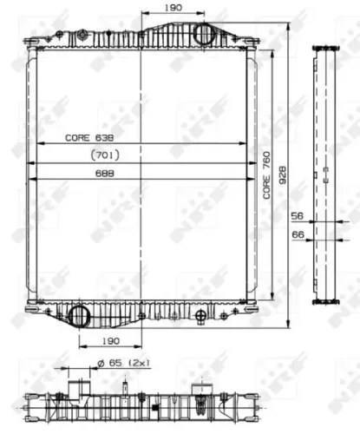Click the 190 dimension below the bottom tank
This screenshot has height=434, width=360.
(108, 341)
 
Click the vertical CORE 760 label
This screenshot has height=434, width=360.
(265, 178)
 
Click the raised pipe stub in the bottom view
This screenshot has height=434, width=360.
(81, 385)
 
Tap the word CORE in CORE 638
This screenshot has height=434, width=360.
(77, 138)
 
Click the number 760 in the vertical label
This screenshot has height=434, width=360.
(265, 164)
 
